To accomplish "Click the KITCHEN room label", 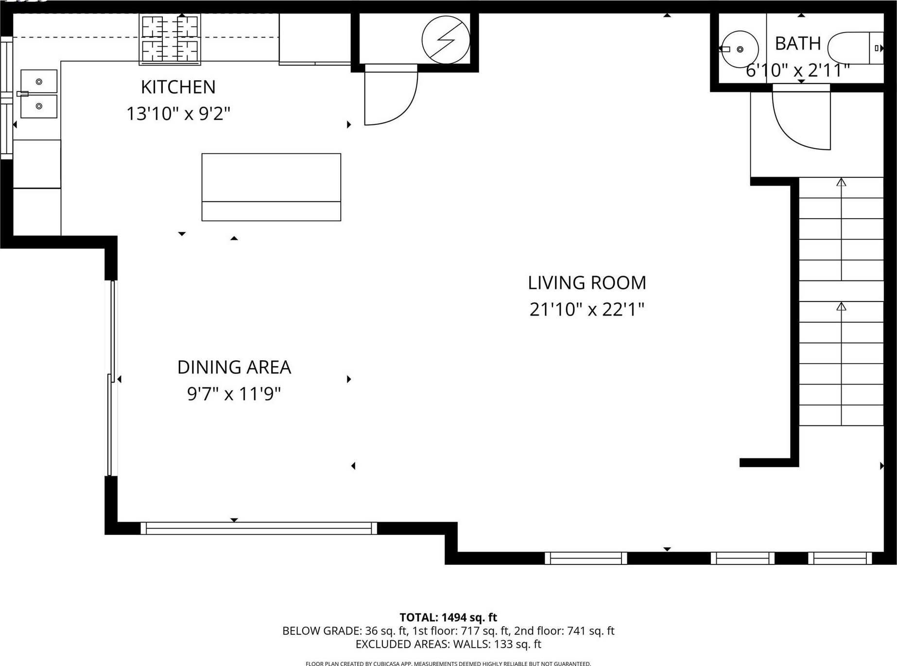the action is click(178, 87).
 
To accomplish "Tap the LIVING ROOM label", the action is click(587, 282).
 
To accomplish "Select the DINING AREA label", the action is click(234, 367).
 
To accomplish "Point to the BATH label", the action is click(797, 44).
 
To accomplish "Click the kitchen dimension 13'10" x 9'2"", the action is click(178, 114).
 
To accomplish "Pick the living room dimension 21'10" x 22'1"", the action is click(587, 309).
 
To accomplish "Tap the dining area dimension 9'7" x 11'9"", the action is click(234, 394).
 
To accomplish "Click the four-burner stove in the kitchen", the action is click(170, 39).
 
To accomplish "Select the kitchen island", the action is click(271, 187).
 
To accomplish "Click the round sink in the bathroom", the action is click(740, 49).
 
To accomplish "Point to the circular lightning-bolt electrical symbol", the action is click(446, 40).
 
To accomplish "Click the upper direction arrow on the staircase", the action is click(841, 228).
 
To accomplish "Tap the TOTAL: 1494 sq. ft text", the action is click(448, 617).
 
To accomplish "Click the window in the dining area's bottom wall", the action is click(259, 528).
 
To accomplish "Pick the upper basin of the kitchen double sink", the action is click(39, 81).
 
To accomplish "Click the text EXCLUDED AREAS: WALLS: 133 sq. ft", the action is click(448, 644).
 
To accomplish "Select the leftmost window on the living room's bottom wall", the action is click(586, 558).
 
